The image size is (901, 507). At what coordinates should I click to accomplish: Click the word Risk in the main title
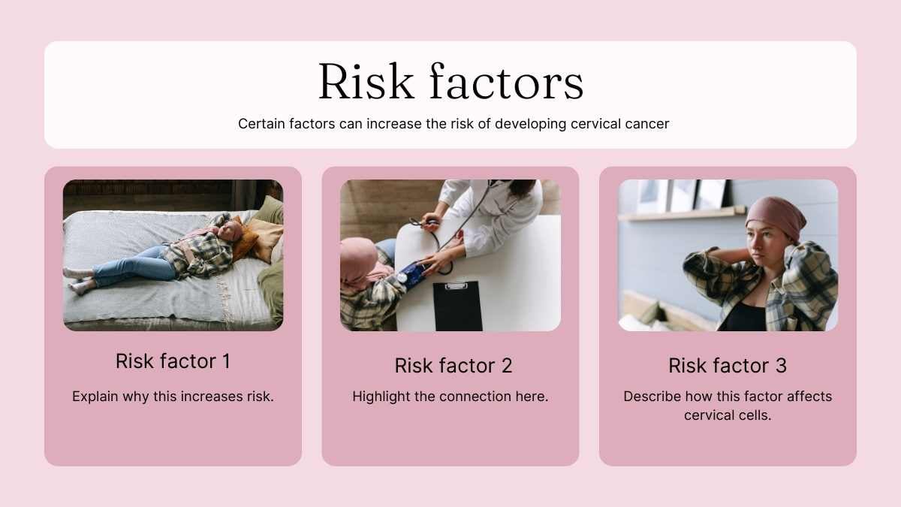click(x=366, y=81)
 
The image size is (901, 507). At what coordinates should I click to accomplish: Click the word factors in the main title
click(x=506, y=81)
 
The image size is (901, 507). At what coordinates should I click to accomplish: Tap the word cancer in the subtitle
click(x=647, y=124)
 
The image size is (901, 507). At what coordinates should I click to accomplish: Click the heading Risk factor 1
click(x=173, y=361)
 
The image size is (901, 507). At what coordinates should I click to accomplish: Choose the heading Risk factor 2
click(x=454, y=366)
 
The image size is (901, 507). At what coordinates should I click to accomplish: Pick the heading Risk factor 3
click(x=728, y=366)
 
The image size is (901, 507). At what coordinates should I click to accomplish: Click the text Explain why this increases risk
click(x=173, y=397)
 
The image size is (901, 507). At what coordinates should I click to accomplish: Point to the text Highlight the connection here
click(x=450, y=397)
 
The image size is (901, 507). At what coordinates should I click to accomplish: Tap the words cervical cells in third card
click(x=728, y=415)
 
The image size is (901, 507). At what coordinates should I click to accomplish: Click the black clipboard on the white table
click(x=458, y=306)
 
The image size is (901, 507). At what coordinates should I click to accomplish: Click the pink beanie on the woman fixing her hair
click(x=776, y=218)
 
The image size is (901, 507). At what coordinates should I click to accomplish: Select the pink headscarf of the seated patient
click(x=359, y=261)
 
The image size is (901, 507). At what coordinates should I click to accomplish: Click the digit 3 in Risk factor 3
click(x=780, y=366)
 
